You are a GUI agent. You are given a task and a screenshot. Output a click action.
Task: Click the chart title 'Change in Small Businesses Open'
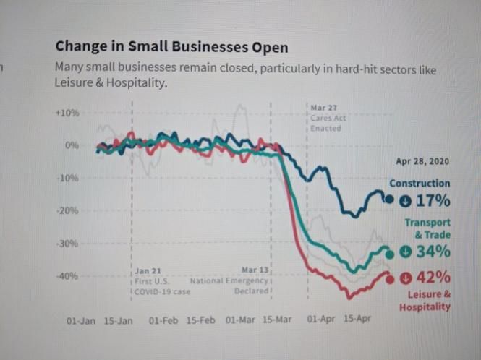pyautogui.click(x=171, y=47)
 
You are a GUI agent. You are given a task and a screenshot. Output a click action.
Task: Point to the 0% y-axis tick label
pyautogui.click(x=72, y=145)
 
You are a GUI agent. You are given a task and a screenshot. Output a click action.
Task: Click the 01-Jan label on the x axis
pyautogui.click(x=81, y=320)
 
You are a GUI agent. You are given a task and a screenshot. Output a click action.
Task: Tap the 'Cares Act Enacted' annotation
pyautogui.click(x=325, y=118)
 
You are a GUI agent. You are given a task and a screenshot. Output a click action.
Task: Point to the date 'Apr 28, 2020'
pyautogui.click(x=423, y=160)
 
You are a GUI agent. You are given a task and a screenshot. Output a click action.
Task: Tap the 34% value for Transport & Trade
pyautogui.click(x=434, y=252)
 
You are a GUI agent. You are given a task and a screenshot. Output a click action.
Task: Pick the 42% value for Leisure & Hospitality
pyautogui.click(x=433, y=278)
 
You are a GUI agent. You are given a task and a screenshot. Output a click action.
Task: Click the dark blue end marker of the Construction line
pyautogui.click(x=389, y=200)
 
